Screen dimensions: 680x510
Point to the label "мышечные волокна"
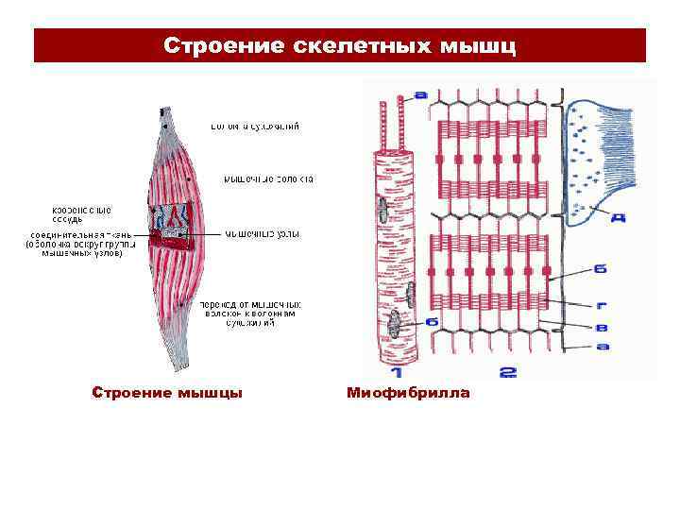pos(269,178)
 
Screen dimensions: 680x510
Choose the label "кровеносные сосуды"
pos(81,214)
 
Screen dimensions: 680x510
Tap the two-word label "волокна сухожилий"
pos(255,125)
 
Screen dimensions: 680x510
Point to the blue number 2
pos(507,371)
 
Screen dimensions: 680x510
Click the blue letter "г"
pos(602,306)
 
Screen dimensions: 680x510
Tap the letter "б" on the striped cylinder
pos(432,322)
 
